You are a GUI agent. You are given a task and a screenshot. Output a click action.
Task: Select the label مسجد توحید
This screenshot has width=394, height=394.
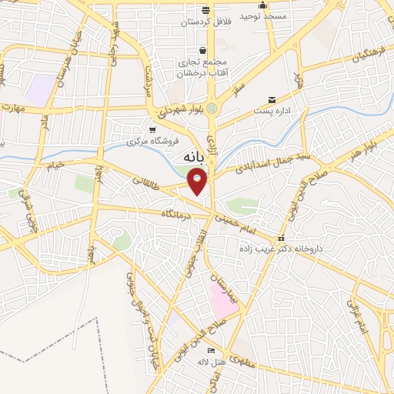point(262,15)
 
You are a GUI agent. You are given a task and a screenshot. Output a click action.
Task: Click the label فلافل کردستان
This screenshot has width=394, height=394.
point(205,23)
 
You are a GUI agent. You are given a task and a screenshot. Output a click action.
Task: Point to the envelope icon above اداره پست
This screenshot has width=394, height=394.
point(272,100)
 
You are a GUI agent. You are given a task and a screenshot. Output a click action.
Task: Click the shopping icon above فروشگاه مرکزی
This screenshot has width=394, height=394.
point(153,129)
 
